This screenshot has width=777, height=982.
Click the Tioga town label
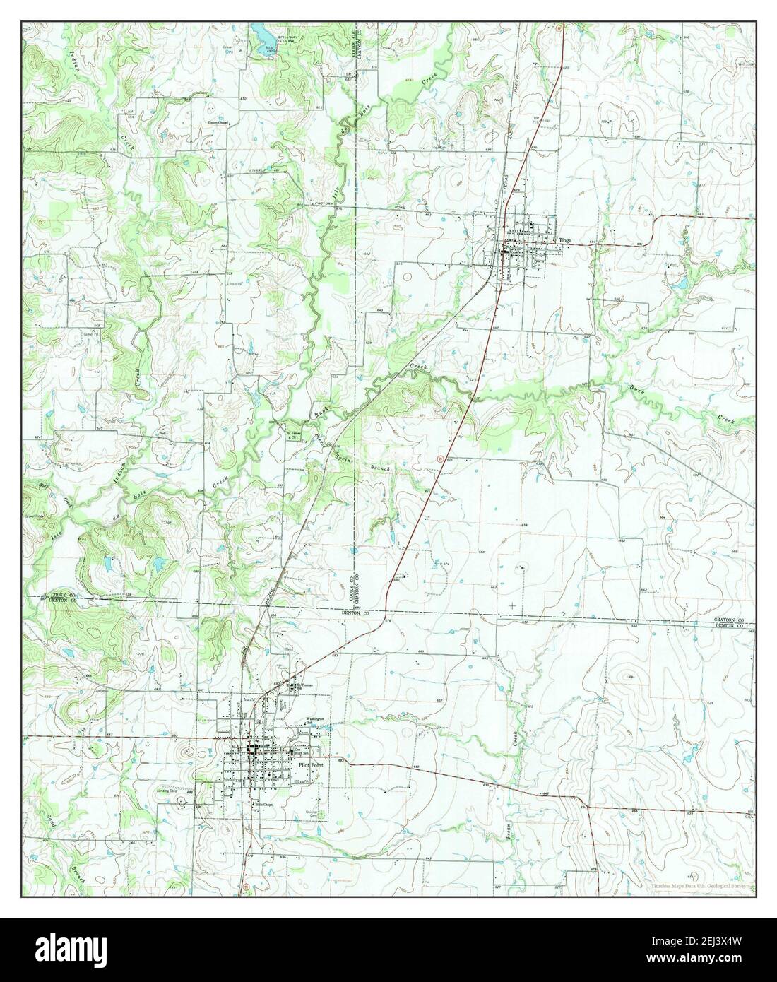click(x=566, y=240)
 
